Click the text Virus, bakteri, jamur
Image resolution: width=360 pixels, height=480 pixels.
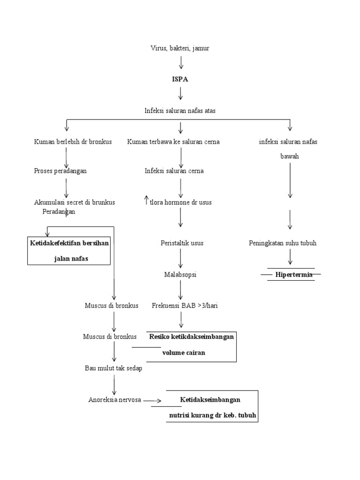(x=180, y=48)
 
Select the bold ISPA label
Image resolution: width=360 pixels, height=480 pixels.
(x=180, y=79)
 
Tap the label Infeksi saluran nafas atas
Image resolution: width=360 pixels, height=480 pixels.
(x=180, y=111)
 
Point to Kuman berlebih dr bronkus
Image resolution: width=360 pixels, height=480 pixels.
(x=73, y=142)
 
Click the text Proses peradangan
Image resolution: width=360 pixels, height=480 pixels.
(x=60, y=171)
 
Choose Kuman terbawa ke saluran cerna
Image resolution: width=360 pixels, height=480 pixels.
(x=173, y=142)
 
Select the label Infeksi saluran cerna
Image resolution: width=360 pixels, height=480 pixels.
(x=174, y=171)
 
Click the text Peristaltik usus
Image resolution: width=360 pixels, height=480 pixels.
(x=182, y=243)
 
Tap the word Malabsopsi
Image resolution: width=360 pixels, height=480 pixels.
(x=180, y=275)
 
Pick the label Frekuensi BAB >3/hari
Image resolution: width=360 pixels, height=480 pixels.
(x=185, y=306)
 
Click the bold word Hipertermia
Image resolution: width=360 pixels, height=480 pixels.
(x=293, y=275)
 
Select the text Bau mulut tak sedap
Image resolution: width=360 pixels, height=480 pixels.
(x=113, y=368)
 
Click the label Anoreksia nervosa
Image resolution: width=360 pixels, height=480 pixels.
(x=115, y=399)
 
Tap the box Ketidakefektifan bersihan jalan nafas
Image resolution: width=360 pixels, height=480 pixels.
(x=69, y=251)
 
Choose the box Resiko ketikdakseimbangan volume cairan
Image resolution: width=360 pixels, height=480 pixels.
(x=191, y=345)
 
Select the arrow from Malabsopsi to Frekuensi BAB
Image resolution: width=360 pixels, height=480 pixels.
(x=181, y=290)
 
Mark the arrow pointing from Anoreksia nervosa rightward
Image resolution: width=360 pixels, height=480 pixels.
(x=152, y=401)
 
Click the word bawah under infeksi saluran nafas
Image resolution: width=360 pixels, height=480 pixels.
(x=289, y=157)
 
